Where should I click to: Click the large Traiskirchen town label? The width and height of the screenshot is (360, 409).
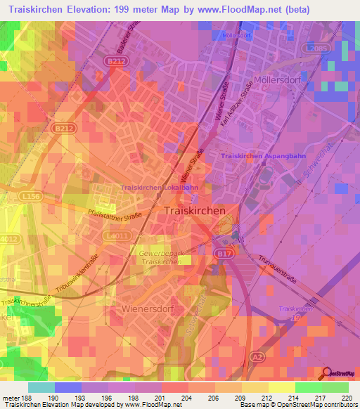(x=195, y=210)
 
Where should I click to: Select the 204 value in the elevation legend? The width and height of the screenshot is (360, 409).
(x=186, y=397)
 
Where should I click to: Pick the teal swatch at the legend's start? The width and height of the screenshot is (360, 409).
(x=41, y=387)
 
